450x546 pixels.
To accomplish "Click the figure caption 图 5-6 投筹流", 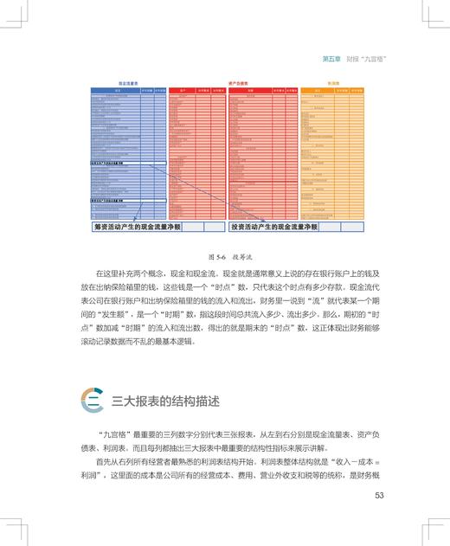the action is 225,257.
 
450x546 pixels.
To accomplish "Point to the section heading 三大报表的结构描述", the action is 165,401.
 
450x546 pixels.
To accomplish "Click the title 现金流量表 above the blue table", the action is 128,83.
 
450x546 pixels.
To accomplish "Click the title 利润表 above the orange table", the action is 333,83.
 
